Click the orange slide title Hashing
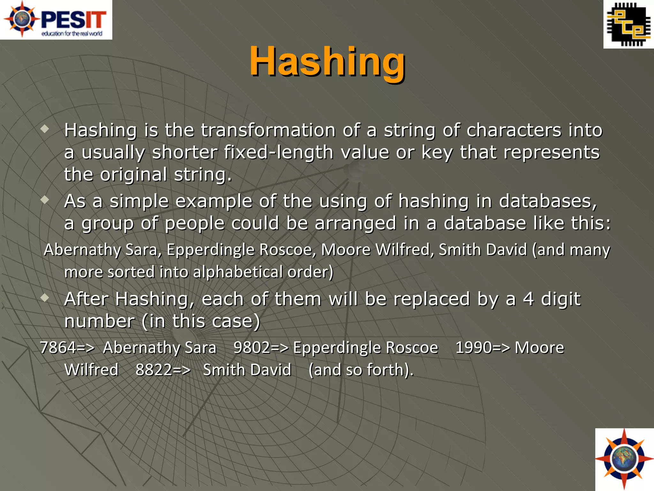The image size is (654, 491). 327,61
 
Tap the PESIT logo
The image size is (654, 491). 56,20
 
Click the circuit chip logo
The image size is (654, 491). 628,24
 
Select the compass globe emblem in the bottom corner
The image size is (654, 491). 624,459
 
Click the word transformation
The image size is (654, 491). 268,130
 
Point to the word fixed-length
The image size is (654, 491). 278,152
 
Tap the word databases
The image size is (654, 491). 547,201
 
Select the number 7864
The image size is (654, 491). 58,347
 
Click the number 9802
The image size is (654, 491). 252,347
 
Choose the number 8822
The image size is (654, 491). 154,370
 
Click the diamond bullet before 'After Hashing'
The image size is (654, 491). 45,298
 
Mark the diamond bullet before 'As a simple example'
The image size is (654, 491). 45,200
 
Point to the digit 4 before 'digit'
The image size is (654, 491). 528,299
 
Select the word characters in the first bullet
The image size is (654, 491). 513,130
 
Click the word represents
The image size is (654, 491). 551,152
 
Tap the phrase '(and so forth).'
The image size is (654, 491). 361,370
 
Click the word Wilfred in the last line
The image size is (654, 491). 91,370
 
